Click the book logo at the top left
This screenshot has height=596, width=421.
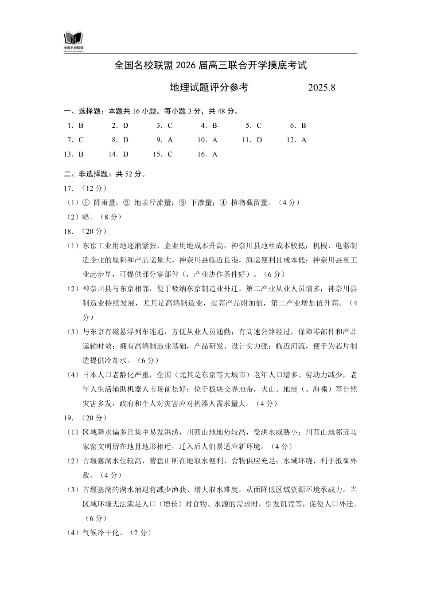(74, 38)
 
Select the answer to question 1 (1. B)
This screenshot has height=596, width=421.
(75, 125)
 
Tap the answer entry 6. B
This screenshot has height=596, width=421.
(298, 125)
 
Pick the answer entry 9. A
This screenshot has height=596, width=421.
(164, 140)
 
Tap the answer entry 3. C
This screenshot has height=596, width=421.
(164, 125)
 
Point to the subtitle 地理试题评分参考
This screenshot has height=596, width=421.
(209, 87)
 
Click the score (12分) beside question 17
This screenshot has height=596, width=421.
(94, 188)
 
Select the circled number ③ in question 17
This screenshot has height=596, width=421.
(182, 203)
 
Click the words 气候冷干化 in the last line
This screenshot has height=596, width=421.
(101, 533)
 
